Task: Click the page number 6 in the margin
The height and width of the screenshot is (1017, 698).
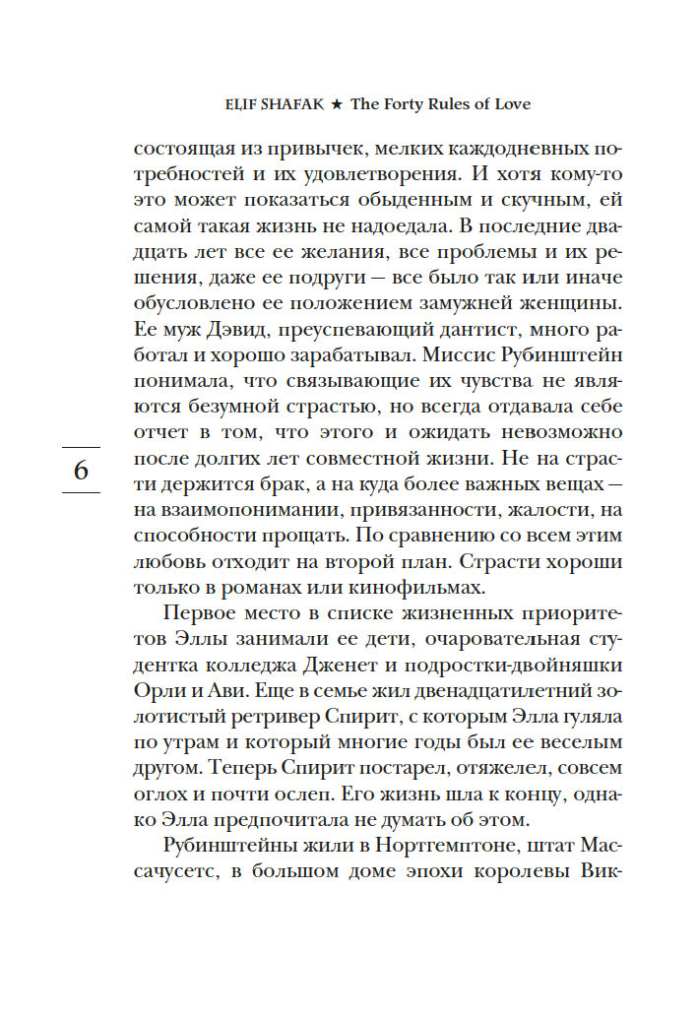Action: pos(81,470)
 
